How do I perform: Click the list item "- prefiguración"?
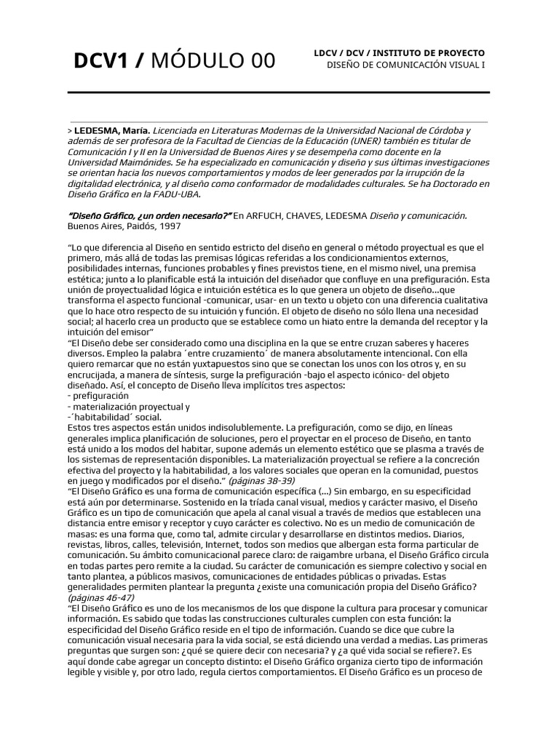click(98, 395)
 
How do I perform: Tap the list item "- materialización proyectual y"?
click(128, 406)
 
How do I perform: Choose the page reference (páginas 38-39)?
click(261, 480)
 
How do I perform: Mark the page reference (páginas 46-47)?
click(98, 597)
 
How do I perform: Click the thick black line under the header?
click(279, 93)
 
